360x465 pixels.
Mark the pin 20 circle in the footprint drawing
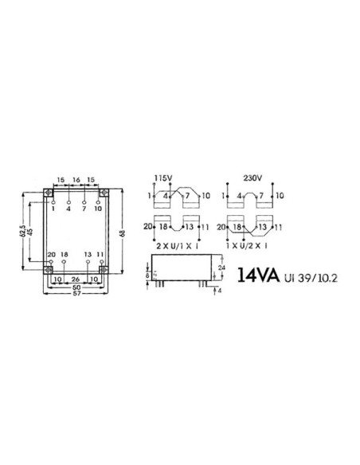click(x=53, y=260)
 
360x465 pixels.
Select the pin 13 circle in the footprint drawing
click(x=88, y=260)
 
